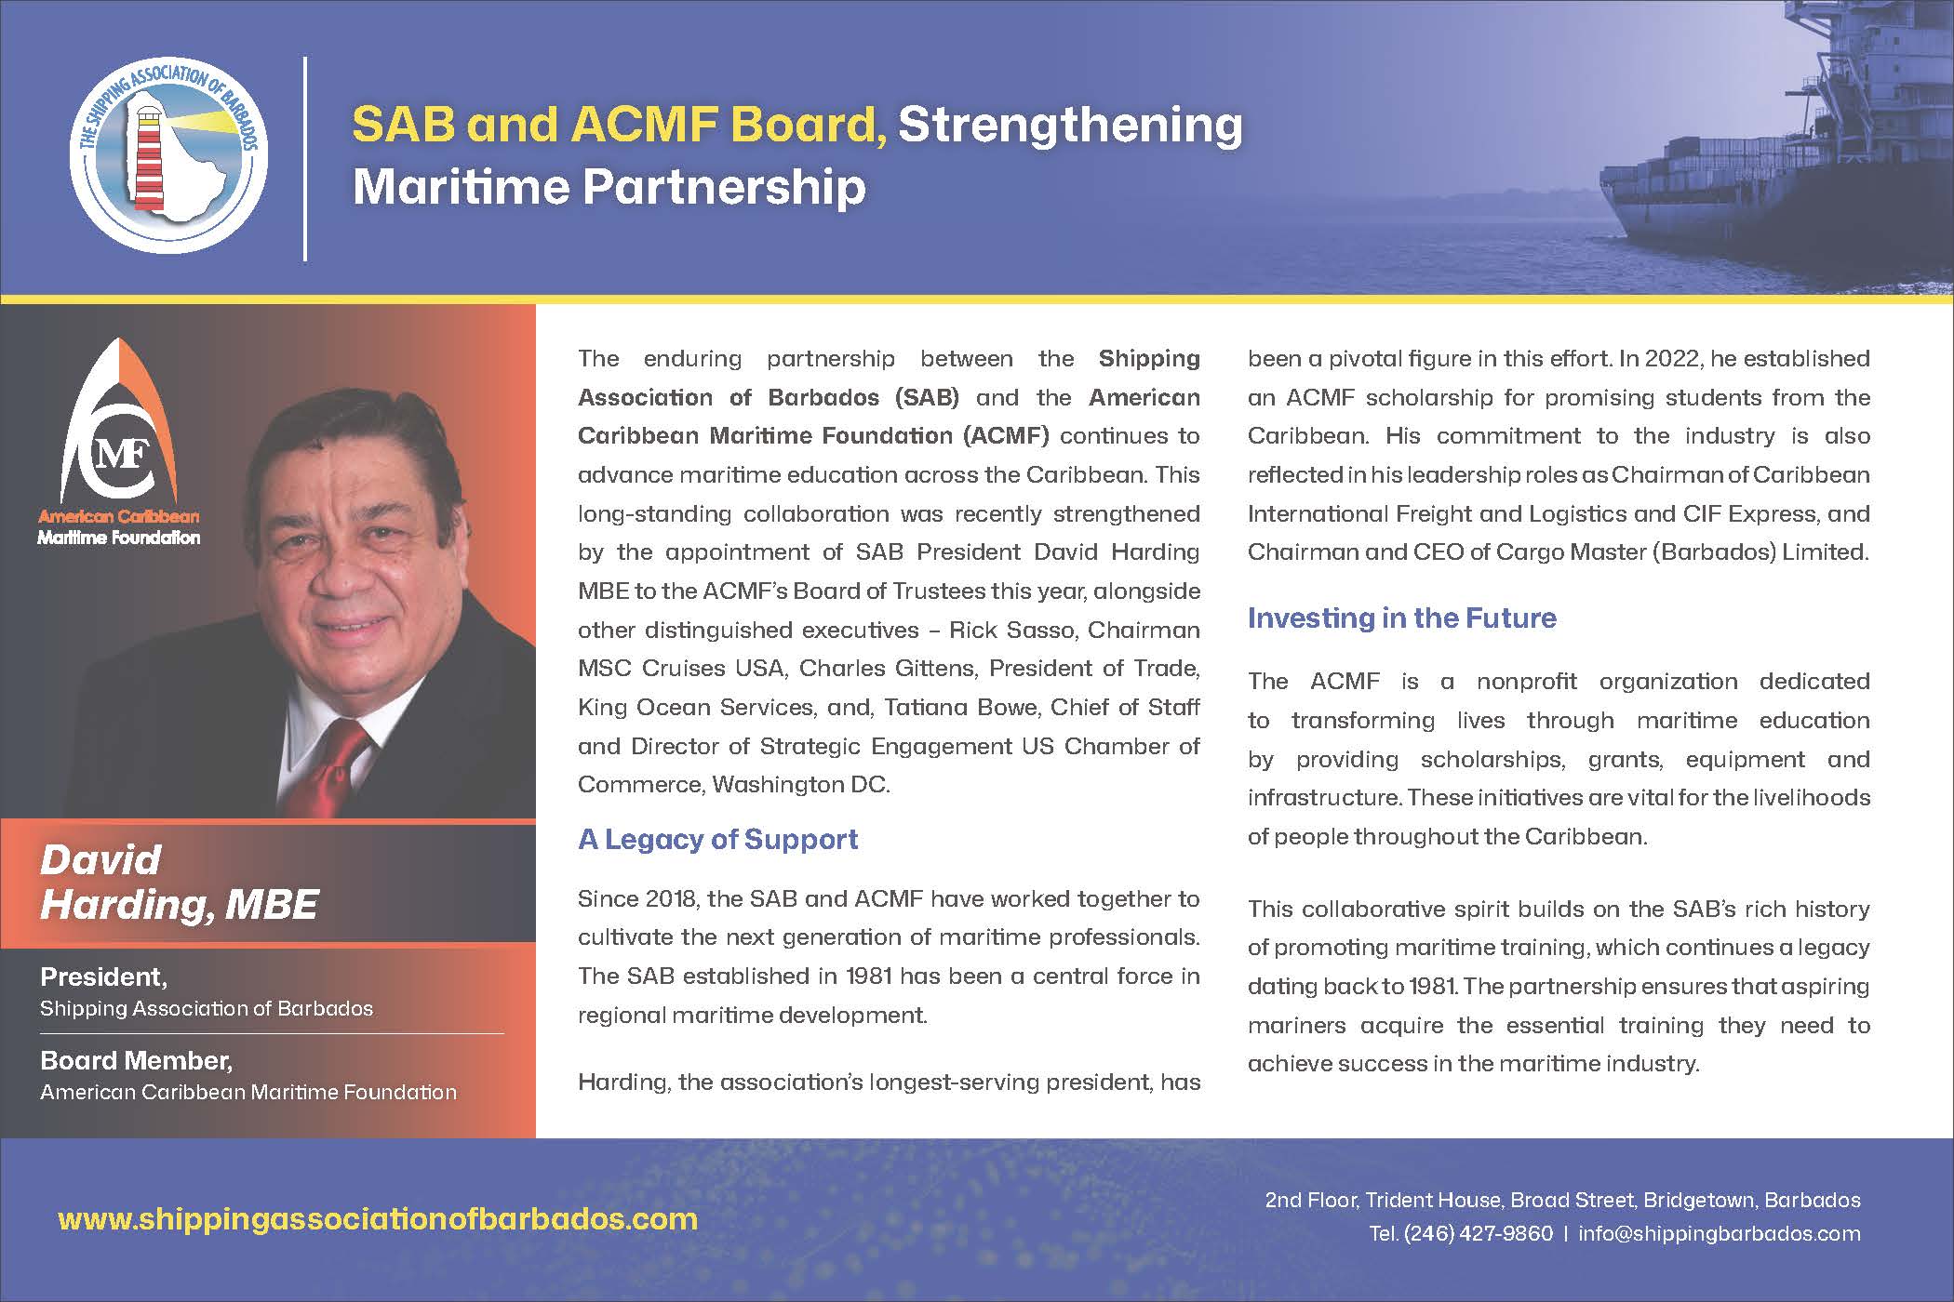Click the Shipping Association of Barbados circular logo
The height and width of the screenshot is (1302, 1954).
pos(168,155)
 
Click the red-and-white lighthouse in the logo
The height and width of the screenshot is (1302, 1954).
pos(149,155)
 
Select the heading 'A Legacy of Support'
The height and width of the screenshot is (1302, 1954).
pos(717,839)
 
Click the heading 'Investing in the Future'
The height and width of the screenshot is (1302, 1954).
pos(1401,618)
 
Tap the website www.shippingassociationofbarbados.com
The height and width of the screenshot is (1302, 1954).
pos(378,1218)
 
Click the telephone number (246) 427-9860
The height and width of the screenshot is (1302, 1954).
pos(1478,1233)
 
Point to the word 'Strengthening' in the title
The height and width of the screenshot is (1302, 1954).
pos(1070,126)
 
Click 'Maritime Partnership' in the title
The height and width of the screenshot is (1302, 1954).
pos(609,187)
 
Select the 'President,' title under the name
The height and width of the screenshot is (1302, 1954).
pos(103,976)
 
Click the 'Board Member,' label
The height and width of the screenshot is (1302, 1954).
pos(136,1060)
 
